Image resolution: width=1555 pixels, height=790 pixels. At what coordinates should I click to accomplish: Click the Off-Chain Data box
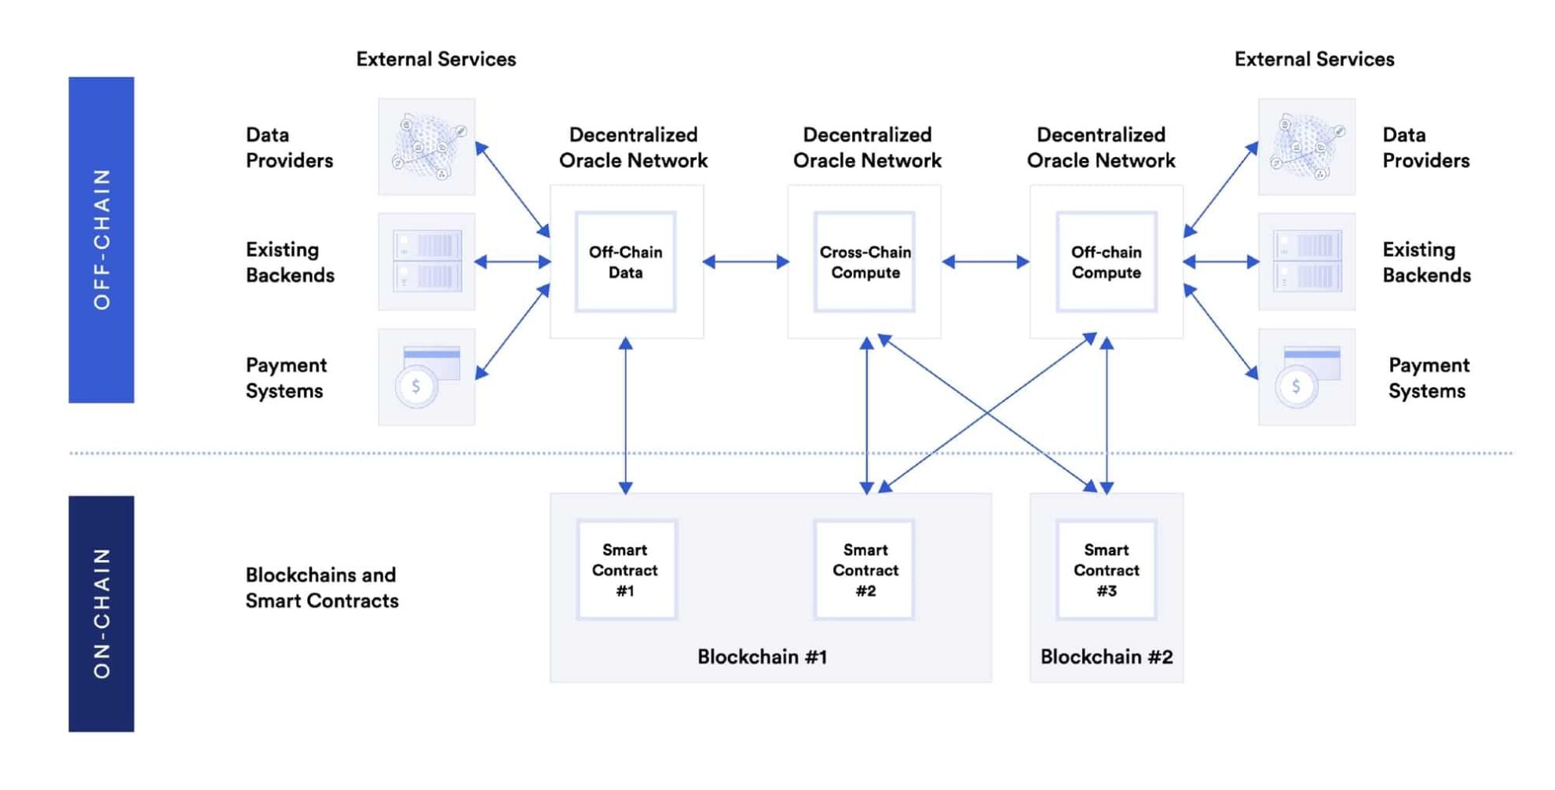click(625, 262)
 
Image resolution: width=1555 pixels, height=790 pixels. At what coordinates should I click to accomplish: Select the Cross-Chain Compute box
click(865, 262)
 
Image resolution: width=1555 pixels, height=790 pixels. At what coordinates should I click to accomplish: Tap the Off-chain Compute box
click(1106, 262)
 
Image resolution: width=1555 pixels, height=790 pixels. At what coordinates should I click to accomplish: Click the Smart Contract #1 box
click(625, 570)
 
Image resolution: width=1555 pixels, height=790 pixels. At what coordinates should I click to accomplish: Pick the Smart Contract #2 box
click(865, 570)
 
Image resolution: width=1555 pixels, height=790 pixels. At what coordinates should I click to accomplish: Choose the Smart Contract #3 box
click(1106, 570)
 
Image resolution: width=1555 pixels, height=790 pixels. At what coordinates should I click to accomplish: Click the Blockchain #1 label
click(762, 657)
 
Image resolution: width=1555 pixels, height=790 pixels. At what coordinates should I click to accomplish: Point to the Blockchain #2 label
click(1106, 657)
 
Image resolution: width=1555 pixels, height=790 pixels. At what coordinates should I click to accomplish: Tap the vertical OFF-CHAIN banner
click(101, 240)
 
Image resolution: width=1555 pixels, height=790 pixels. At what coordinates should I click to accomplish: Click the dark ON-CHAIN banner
click(101, 613)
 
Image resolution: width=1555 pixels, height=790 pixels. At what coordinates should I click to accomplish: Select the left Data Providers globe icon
click(426, 147)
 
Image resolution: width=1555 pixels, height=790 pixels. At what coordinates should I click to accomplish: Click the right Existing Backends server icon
click(1306, 262)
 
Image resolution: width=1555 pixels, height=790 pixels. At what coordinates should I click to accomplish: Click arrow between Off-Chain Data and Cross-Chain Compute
click(745, 262)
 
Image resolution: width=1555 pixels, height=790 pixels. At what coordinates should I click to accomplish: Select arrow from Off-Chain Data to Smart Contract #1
click(625, 416)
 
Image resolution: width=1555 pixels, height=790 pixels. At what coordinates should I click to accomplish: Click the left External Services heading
click(436, 59)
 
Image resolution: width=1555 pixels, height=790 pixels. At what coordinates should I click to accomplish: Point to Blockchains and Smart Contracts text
click(322, 587)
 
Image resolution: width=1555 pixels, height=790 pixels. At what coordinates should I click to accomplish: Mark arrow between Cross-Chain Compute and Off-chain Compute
click(985, 262)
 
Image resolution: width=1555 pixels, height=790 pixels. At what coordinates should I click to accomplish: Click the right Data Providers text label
click(1425, 148)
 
